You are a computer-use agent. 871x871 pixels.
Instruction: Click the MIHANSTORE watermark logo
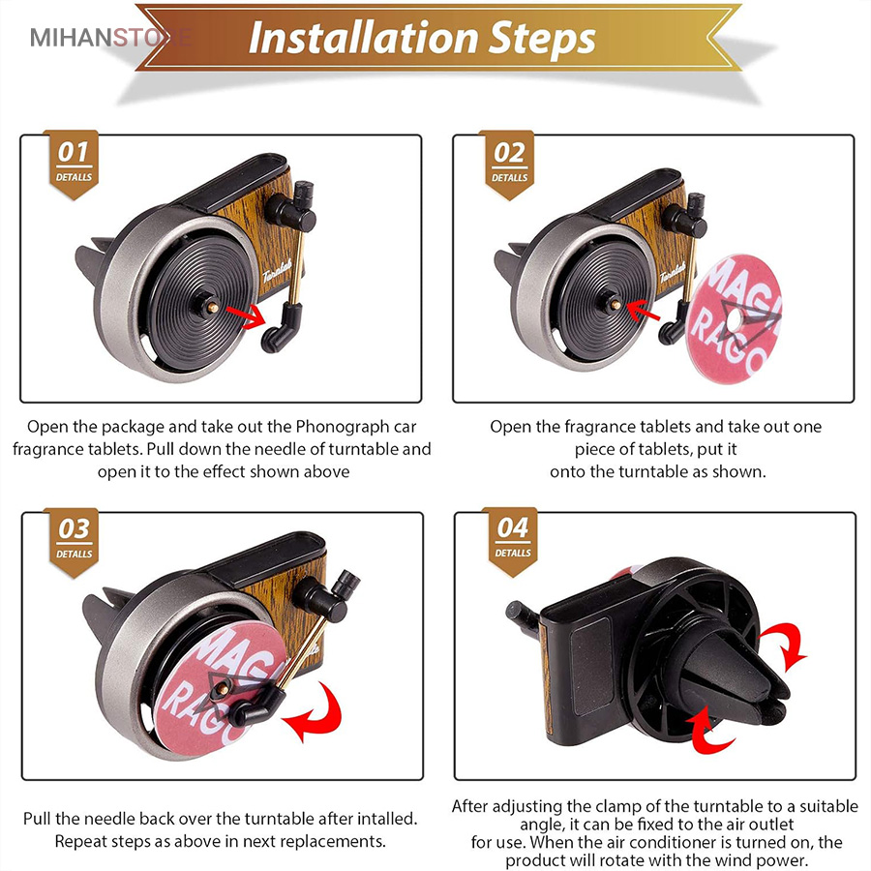[x=111, y=37]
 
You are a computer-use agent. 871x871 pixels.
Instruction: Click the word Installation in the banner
[x=363, y=38]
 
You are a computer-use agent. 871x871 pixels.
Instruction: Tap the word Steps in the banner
[x=543, y=40]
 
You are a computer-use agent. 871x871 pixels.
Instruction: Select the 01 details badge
[x=74, y=164]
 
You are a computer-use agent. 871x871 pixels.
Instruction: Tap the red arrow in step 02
[x=643, y=311]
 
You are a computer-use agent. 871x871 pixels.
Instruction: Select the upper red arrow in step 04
[x=784, y=645]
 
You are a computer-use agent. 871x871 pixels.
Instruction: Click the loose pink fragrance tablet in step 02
[x=735, y=318]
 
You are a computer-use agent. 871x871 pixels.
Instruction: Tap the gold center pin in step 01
[x=213, y=306]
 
